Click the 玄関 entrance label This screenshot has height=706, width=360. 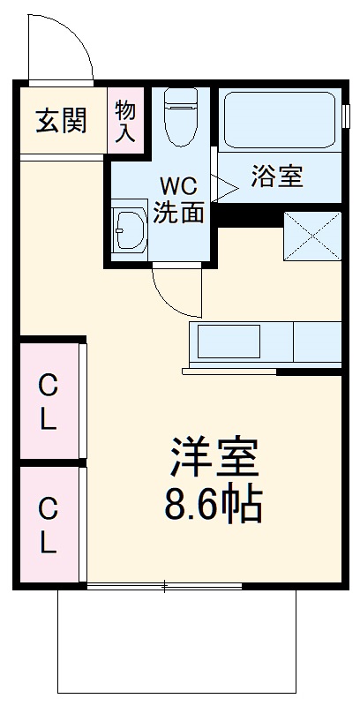click(x=61, y=121)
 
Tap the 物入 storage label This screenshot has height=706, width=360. click(x=124, y=121)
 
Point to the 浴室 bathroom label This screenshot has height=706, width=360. click(x=276, y=176)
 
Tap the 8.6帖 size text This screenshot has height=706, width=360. click(x=213, y=505)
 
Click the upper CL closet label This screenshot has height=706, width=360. click(x=48, y=402)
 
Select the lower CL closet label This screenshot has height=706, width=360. click(x=48, y=526)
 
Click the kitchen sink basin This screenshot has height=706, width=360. click(x=228, y=342)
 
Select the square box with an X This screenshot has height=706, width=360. click(x=311, y=236)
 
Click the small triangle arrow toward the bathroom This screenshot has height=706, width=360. click(x=220, y=186)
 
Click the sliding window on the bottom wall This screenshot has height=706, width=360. click(x=164, y=585)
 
